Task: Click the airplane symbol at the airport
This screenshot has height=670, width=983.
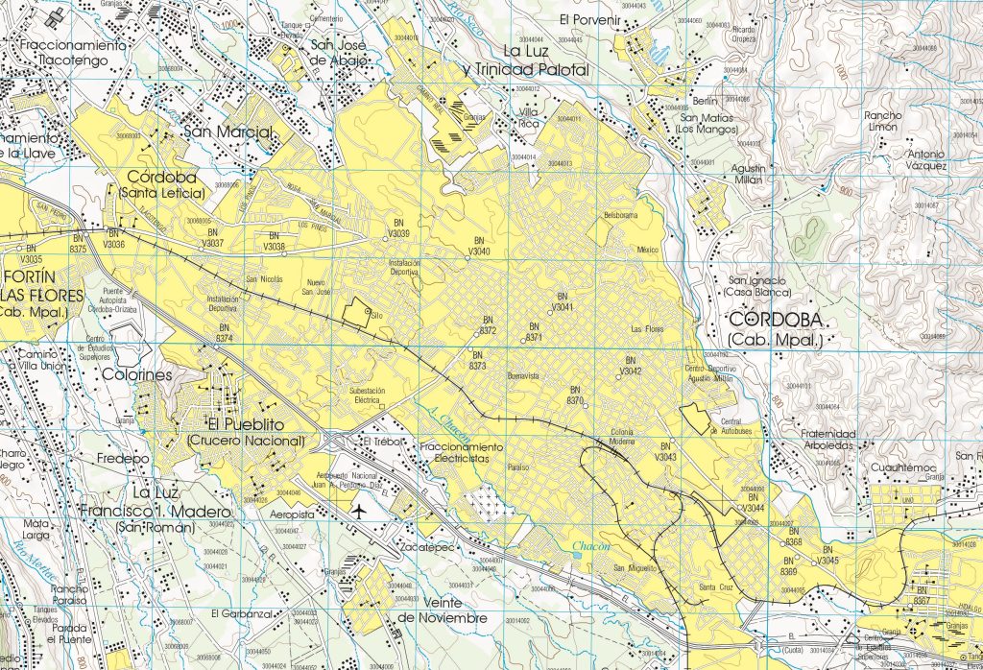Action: coord(360,510)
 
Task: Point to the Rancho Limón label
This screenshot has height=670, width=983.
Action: coord(881,121)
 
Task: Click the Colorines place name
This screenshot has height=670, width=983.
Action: coord(136,374)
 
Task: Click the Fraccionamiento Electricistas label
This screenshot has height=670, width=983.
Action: coord(461,453)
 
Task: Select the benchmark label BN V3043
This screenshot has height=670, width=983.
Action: coord(666,452)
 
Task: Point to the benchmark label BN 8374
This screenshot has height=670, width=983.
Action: coord(226,334)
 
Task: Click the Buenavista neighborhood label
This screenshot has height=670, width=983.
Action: coord(525,376)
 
